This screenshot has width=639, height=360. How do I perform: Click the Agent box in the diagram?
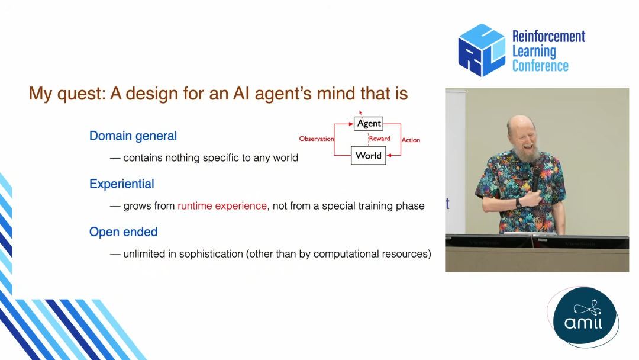pyautogui.click(x=369, y=124)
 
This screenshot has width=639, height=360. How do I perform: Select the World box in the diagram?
pyautogui.click(x=369, y=155)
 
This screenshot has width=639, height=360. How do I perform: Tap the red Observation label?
pyautogui.click(x=316, y=139)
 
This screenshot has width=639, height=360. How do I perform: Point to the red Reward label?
pyautogui.click(x=379, y=139)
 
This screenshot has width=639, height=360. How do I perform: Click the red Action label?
pyautogui.click(x=411, y=140)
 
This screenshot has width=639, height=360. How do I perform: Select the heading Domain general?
pyautogui.click(x=133, y=136)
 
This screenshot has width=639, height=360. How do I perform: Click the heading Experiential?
pyautogui.click(x=121, y=184)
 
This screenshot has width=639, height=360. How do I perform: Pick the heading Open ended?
pyautogui.click(x=123, y=232)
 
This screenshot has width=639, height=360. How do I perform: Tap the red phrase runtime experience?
pyautogui.click(x=222, y=206)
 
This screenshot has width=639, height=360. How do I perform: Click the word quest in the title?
pyautogui.click(x=81, y=94)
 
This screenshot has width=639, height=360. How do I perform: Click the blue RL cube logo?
pyautogui.click(x=482, y=50)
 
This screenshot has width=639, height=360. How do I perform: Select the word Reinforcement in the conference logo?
pyautogui.click(x=548, y=36)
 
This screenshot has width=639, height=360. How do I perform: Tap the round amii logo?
pyautogui.click(x=585, y=317)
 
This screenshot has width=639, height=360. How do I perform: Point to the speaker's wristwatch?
pyautogui.click(x=518, y=203)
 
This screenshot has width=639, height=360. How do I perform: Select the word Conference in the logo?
pyautogui.click(x=540, y=66)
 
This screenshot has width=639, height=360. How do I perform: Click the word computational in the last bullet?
pyautogui.click(x=346, y=254)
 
